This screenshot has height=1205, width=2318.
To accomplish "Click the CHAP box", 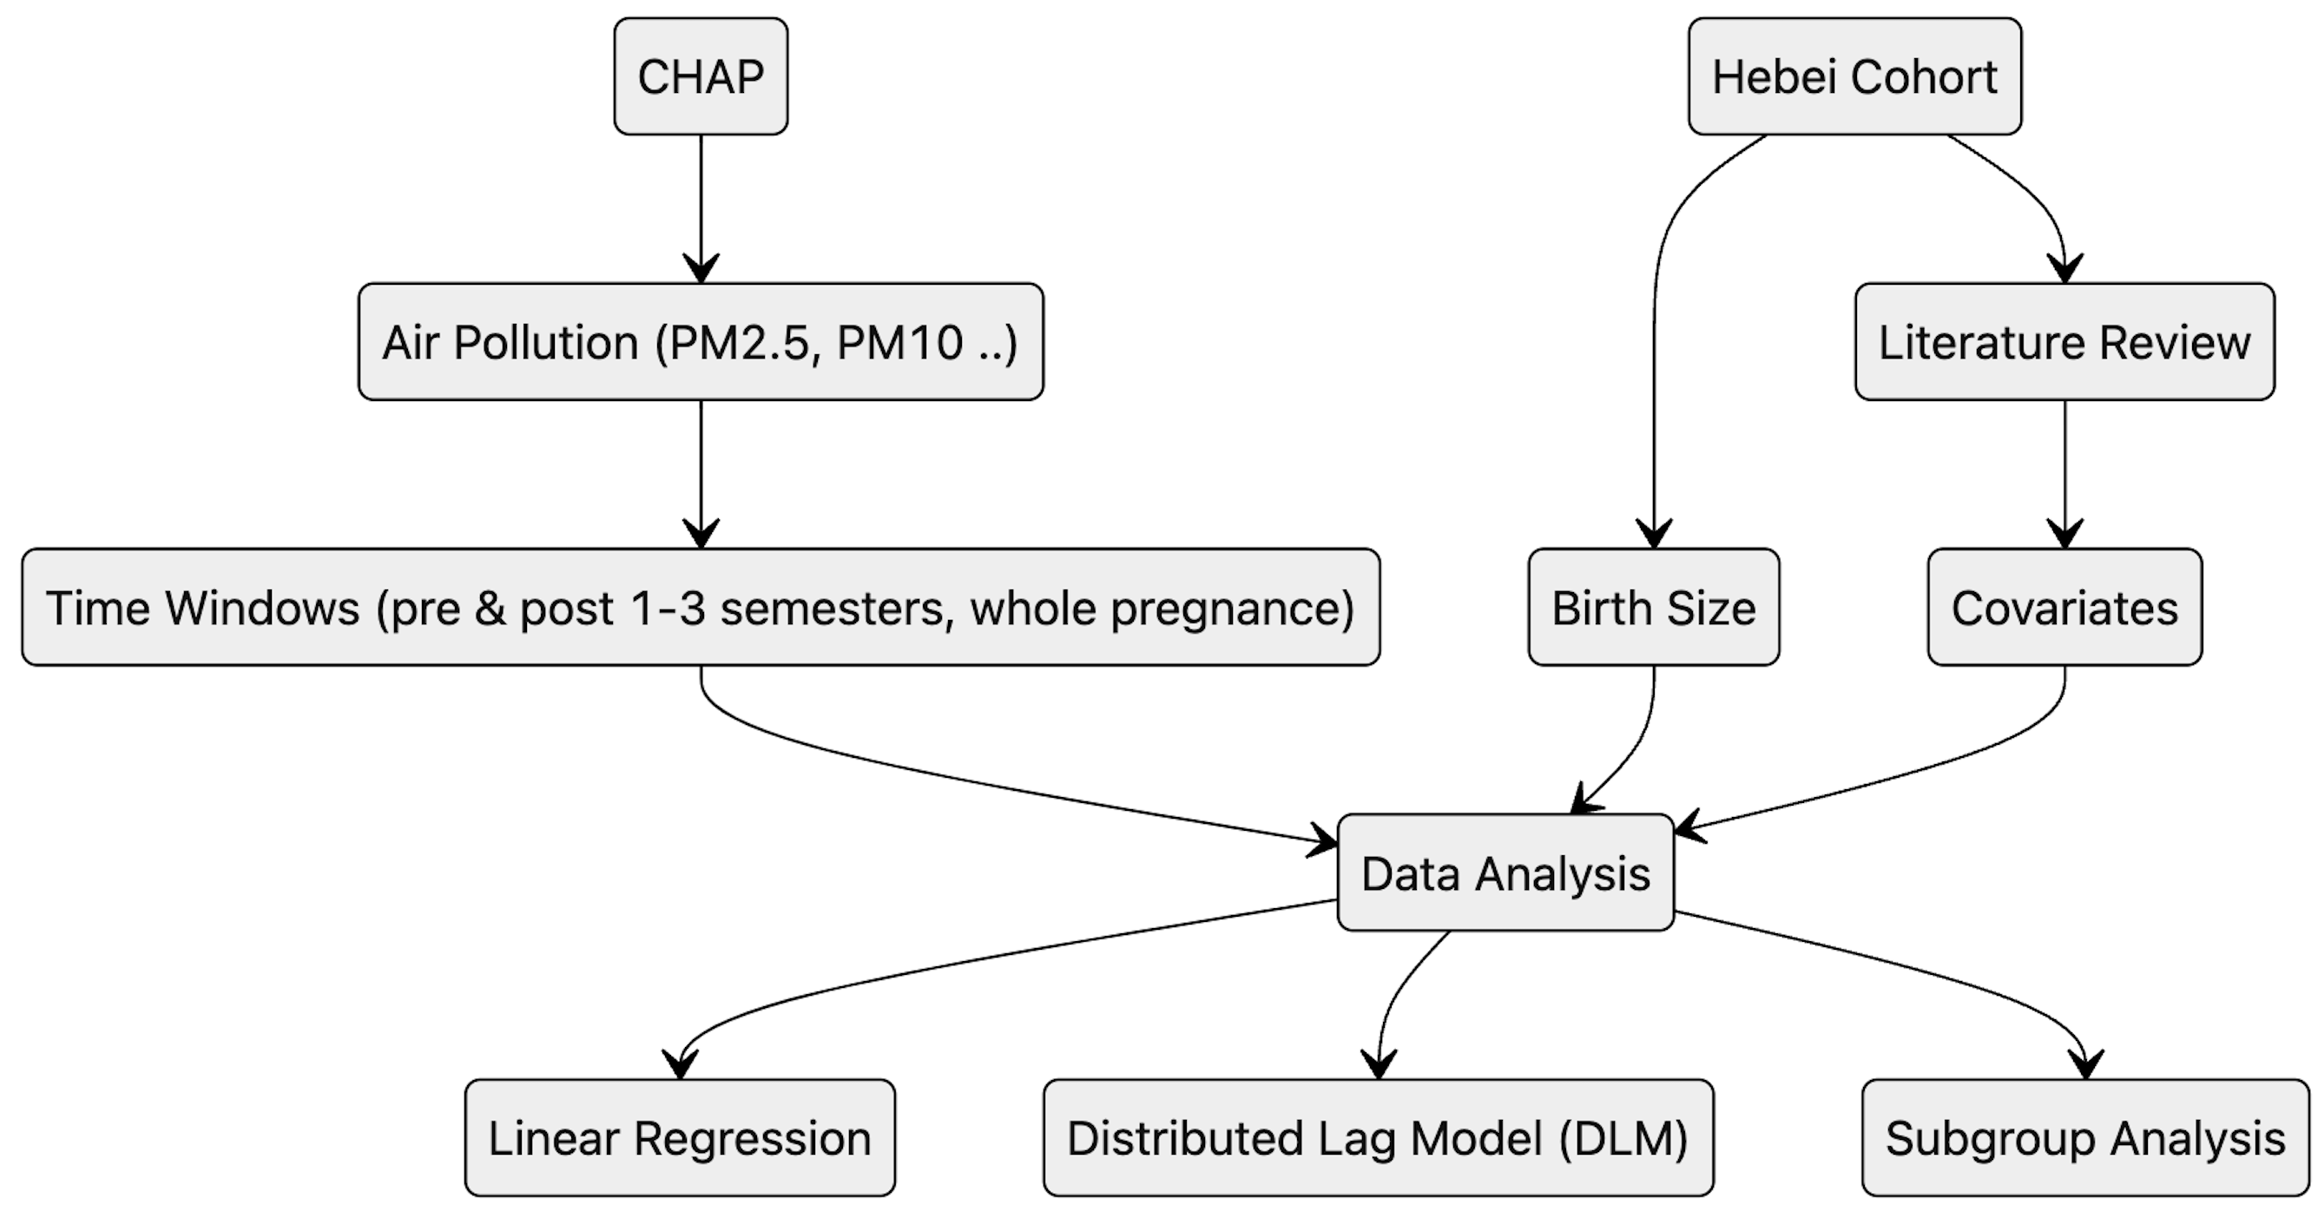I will click(700, 76).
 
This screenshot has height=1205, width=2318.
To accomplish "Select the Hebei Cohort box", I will click(1854, 76).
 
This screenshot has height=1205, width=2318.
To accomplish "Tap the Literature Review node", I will click(2064, 342).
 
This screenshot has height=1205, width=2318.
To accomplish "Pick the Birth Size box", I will click(1653, 608).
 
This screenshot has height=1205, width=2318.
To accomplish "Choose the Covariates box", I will click(2064, 608).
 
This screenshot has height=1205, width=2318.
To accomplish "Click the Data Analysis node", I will click(1505, 872).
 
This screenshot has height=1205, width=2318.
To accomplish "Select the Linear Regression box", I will click(680, 1138).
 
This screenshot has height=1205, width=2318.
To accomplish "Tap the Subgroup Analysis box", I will click(2085, 1138).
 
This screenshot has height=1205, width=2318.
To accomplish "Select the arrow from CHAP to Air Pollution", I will click(701, 207).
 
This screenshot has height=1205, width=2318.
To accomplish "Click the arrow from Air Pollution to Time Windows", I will click(701, 472).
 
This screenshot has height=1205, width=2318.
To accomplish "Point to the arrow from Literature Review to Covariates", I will click(2064, 472).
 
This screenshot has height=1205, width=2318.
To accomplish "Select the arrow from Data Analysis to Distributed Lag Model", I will click(1399, 990).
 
